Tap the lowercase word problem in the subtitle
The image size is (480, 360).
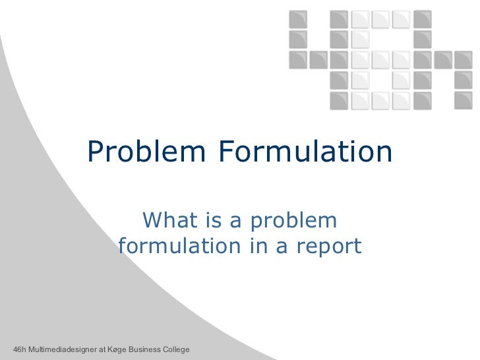coord(291,220)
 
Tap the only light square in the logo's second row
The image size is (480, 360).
coord(359,40)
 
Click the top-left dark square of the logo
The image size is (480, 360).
coord(297,19)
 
